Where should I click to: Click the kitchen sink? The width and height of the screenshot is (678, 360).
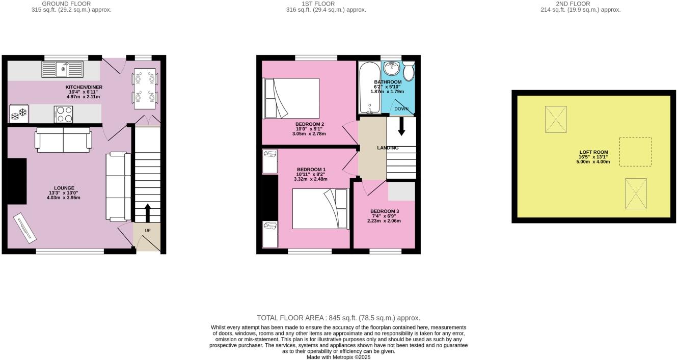(x=63, y=69)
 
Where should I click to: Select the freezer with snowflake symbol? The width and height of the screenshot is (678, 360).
(x=19, y=115)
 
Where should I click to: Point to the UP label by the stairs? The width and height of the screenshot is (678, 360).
(x=148, y=231)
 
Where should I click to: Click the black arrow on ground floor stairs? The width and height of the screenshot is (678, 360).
(x=148, y=213)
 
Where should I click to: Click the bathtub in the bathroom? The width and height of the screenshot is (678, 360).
(x=369, y=88)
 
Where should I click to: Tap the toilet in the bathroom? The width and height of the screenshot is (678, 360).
(x=409, y=71)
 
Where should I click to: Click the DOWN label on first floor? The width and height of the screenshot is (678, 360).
(x=401, y=109)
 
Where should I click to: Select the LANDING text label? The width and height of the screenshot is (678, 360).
(x=388, y=148)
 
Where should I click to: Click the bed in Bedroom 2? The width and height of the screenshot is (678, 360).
(x=291, y=98)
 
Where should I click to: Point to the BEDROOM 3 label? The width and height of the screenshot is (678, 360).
(x=384, y=211)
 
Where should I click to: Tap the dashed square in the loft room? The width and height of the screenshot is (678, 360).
(x=635, y=152)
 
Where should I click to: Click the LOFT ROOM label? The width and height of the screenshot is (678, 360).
(x=593, y=152)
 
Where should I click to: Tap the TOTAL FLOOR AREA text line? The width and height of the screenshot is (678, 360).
(x=338, y=318)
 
